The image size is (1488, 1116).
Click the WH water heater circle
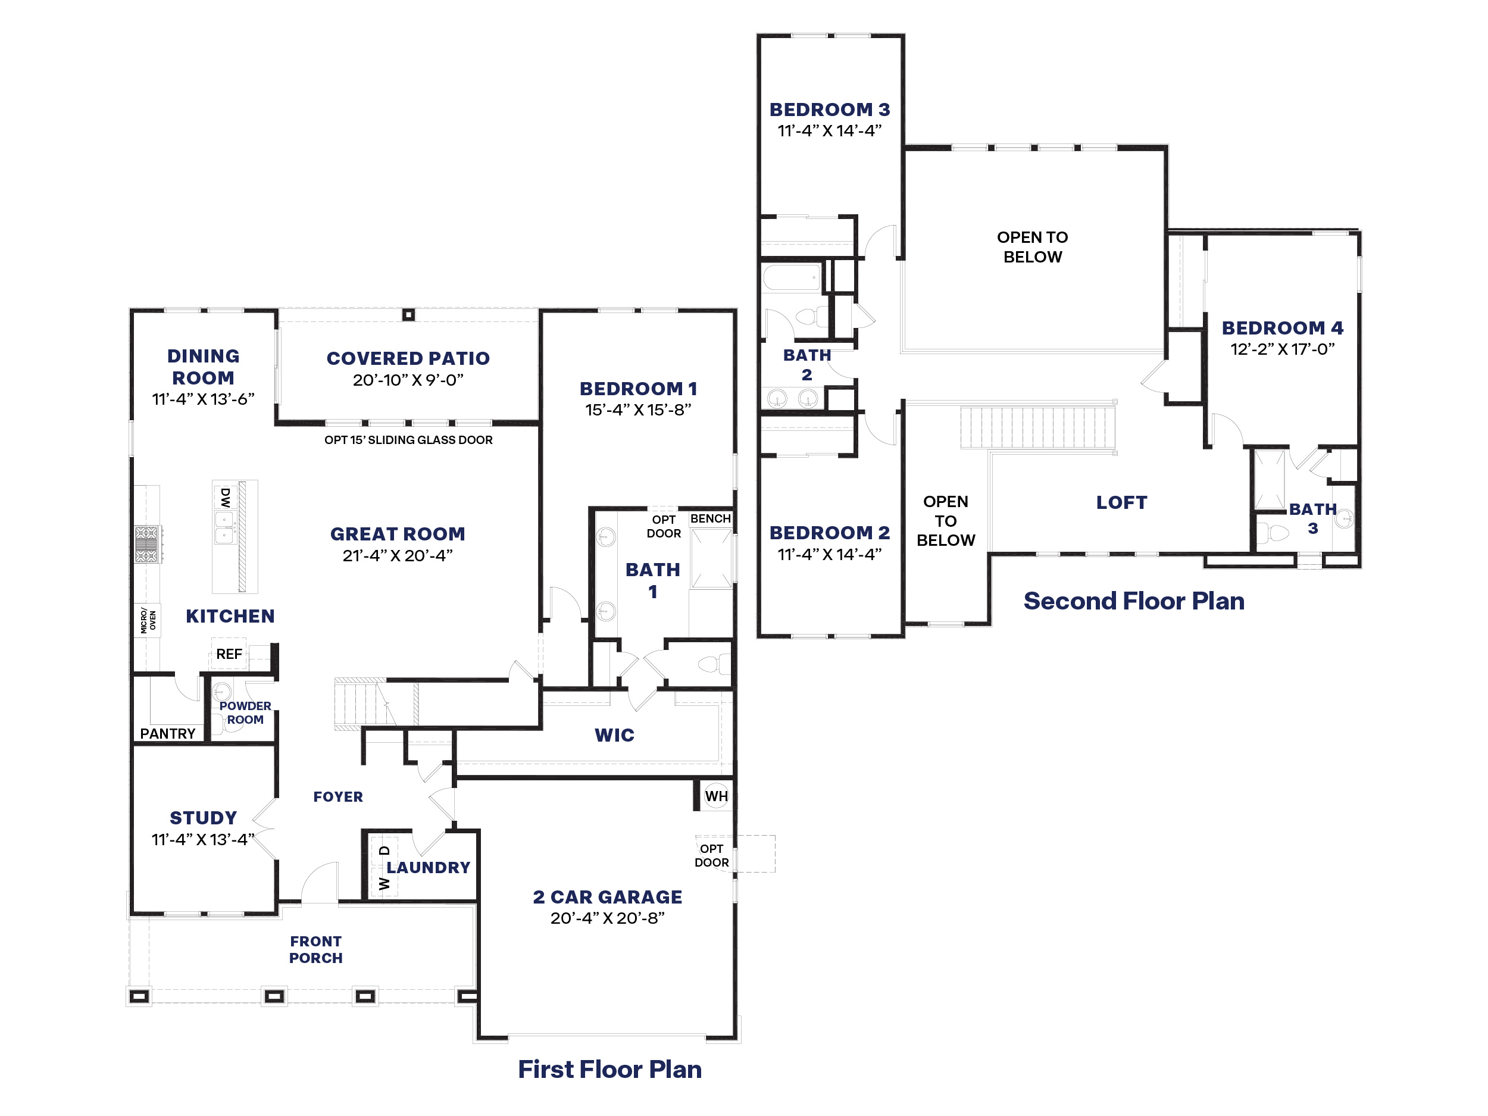[x=717, y=796]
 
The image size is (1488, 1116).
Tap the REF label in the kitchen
[x=229, y=654]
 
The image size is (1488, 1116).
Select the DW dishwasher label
[x=226, y=498]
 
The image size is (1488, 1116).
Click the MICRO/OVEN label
[x=148, y=620]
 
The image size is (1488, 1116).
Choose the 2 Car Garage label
[x=608, y=897]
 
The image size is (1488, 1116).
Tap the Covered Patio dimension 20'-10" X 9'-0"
[x=408, y=380]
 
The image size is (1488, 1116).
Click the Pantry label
[x=167, y=734]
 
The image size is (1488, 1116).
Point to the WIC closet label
[x=614, y=735]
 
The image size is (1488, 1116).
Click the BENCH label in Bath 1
[x=710, y=518]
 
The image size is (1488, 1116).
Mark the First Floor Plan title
[x=609, y=1069]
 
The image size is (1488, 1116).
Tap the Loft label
[x=1121, y=502]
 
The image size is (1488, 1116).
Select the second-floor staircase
[x=1038, y=427]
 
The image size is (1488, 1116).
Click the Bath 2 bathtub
[x=792, y=277]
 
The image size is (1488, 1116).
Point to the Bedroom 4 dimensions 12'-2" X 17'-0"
[x=1282, y=349]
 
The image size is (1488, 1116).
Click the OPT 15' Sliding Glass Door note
[x=408, y=440]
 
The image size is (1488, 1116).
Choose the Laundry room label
[x=429, y=867]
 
